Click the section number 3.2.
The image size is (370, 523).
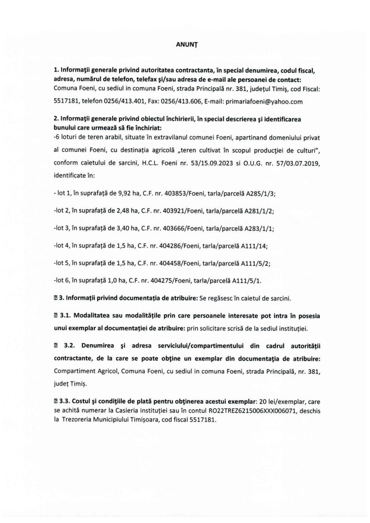pyautogui.click(x=70, y=346)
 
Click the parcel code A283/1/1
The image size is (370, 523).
pyautogui.click(x=259, y=228)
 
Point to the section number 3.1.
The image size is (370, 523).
pyautogui.click(x=65, y=316)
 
